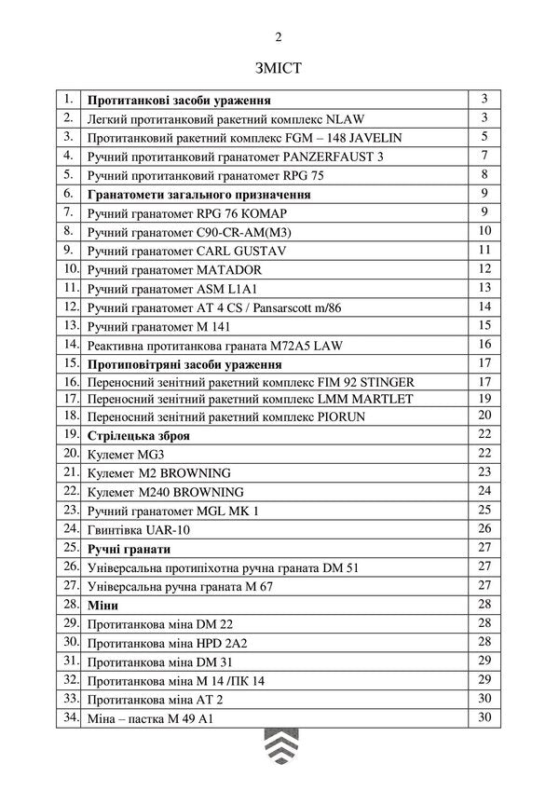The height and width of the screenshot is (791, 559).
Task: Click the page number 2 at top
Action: (279, 36)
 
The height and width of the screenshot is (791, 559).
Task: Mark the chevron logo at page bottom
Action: (279, 750)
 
